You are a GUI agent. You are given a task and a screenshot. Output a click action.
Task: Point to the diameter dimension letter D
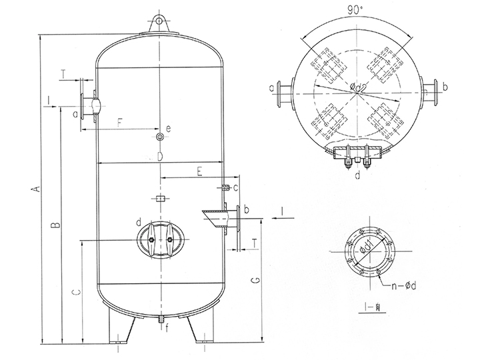click(160, 156)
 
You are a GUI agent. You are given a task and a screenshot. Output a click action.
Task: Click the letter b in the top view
click(445, 87)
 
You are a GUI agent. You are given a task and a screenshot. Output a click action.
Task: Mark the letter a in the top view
click(272, 87)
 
